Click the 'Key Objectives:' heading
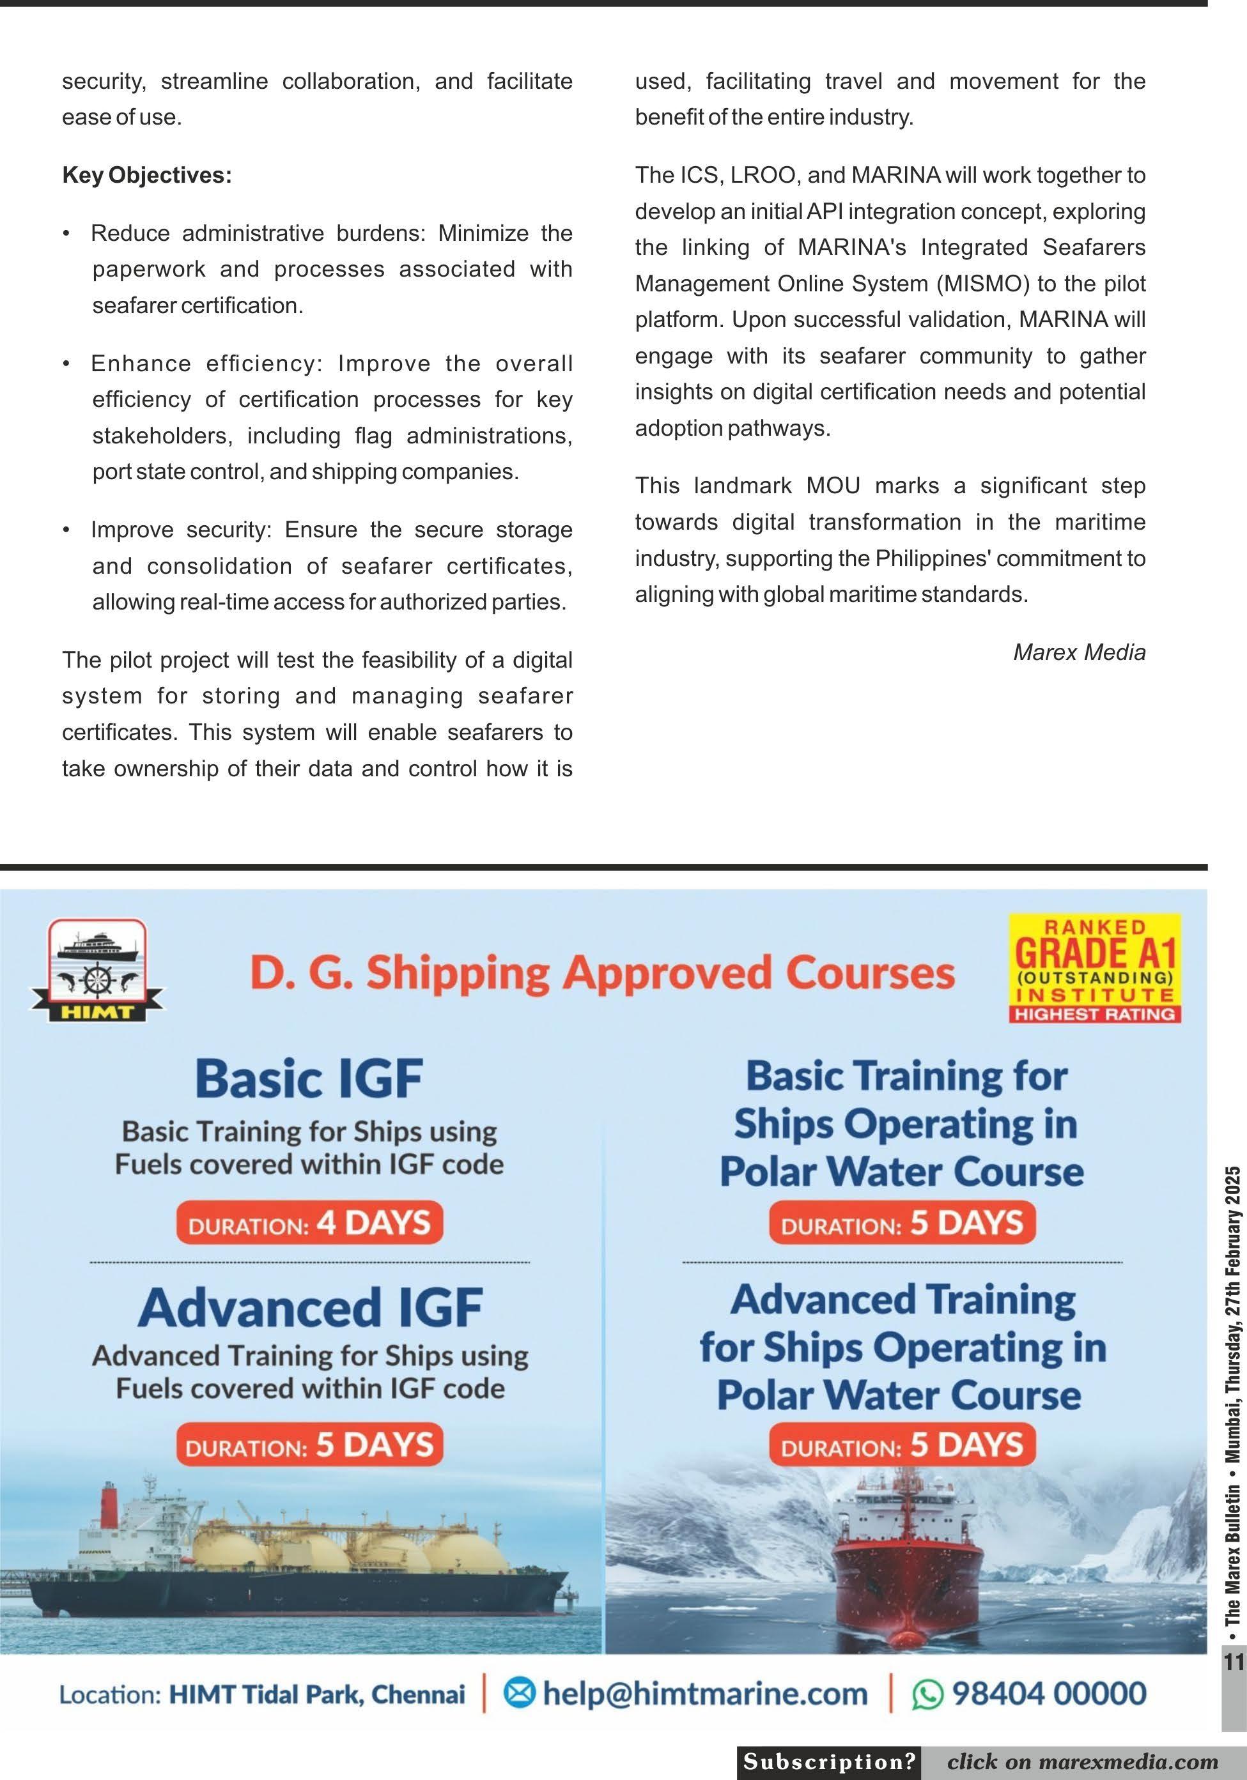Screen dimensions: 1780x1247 point(146,175)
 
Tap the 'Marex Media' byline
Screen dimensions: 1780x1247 point(1079,652)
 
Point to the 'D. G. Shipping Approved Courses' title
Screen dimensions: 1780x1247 point(602,972)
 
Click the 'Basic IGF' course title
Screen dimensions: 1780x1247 point(309,1078)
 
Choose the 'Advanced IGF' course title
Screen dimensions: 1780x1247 point(310,1307)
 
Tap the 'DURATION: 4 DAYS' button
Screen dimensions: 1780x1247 point(309,1223)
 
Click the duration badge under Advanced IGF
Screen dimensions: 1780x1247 point(309,1445)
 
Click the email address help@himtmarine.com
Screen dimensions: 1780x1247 point(704,1694)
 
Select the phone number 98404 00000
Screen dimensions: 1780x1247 point(1048,1694)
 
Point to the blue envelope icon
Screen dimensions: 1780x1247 point(520,1694)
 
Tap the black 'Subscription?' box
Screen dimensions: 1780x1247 point(829,1762)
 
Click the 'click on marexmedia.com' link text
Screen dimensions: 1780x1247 point(1082,1762)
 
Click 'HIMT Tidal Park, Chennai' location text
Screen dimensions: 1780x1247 point(316,1695)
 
